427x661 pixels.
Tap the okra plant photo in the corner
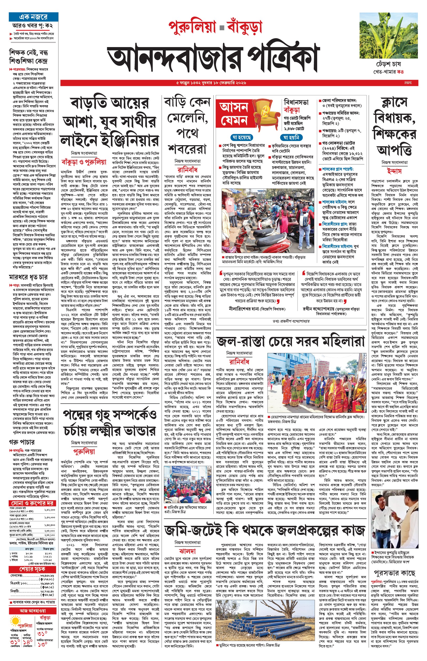(x=388, y=35)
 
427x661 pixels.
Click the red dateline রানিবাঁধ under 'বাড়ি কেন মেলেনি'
(x=187, y=169)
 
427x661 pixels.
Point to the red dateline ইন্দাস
(x=395, y=171)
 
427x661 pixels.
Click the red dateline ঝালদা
(x=187, y=551)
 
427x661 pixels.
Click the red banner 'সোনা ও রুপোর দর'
(x=32, y=503)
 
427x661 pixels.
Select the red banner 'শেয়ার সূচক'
(x=32, y=569)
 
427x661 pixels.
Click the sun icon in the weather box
(x=14, y=621)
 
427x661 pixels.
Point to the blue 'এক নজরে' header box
(x=33, y=17)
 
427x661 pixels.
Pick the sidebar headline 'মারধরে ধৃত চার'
(x=28, y=277)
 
